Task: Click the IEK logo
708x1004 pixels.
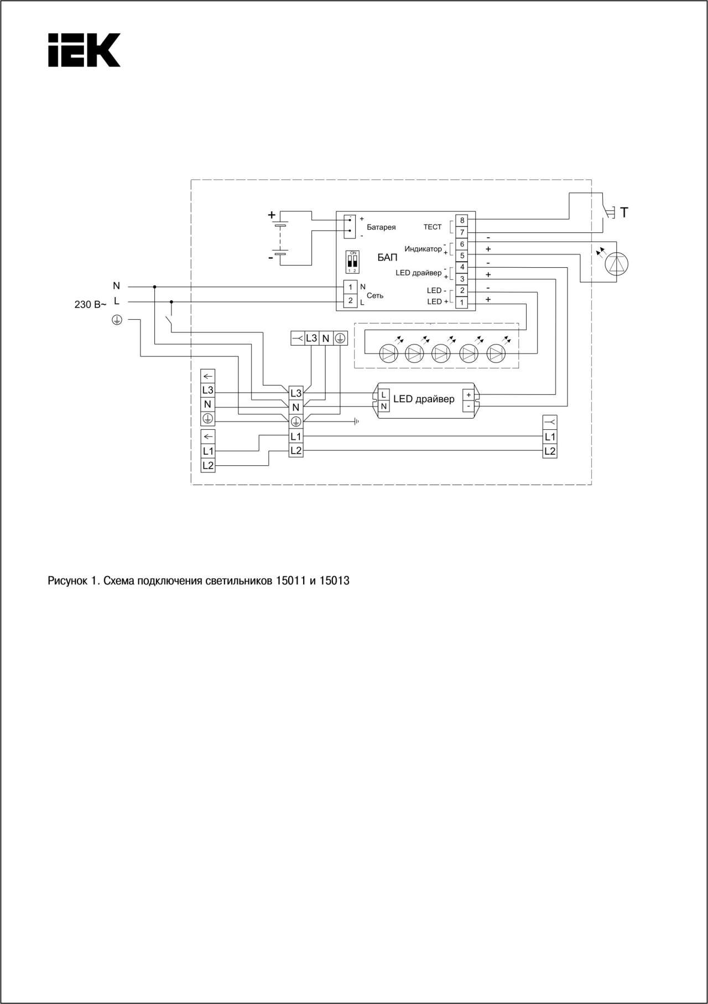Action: click(x=84, y=50)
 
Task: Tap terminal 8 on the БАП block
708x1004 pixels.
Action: click(x=462, y=220)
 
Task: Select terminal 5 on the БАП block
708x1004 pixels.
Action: click(x=462, y=256)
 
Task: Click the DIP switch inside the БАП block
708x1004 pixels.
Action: click(x=352, y=262)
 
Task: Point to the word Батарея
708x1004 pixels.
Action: click(x=381, y=227)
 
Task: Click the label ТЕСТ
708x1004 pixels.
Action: click(x=433, y=227)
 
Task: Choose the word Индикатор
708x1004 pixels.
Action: click(x=423, y=249)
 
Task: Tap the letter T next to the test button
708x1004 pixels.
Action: click(x=624, y=212)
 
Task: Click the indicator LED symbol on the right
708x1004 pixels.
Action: click(x=617, y=264)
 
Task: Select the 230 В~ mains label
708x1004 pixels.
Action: click(x=90, y=304)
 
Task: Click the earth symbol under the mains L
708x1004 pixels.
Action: click(x=117, y=320)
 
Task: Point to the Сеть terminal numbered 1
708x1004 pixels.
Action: click(x=350, y=287)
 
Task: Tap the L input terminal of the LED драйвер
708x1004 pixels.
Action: click(x=384, y=395)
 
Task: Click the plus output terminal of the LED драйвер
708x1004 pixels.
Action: click(x=468, y=395)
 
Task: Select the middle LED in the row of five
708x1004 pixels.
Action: click(x=441, y=353)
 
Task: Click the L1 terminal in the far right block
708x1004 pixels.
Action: click(x=550, y=437)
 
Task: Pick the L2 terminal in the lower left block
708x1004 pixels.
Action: click(x=207, y=466)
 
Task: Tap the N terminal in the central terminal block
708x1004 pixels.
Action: click(x=296, y=408)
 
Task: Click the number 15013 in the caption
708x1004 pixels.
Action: click(x=335, y=581)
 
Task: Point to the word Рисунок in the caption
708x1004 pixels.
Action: click(x=67, y=581)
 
